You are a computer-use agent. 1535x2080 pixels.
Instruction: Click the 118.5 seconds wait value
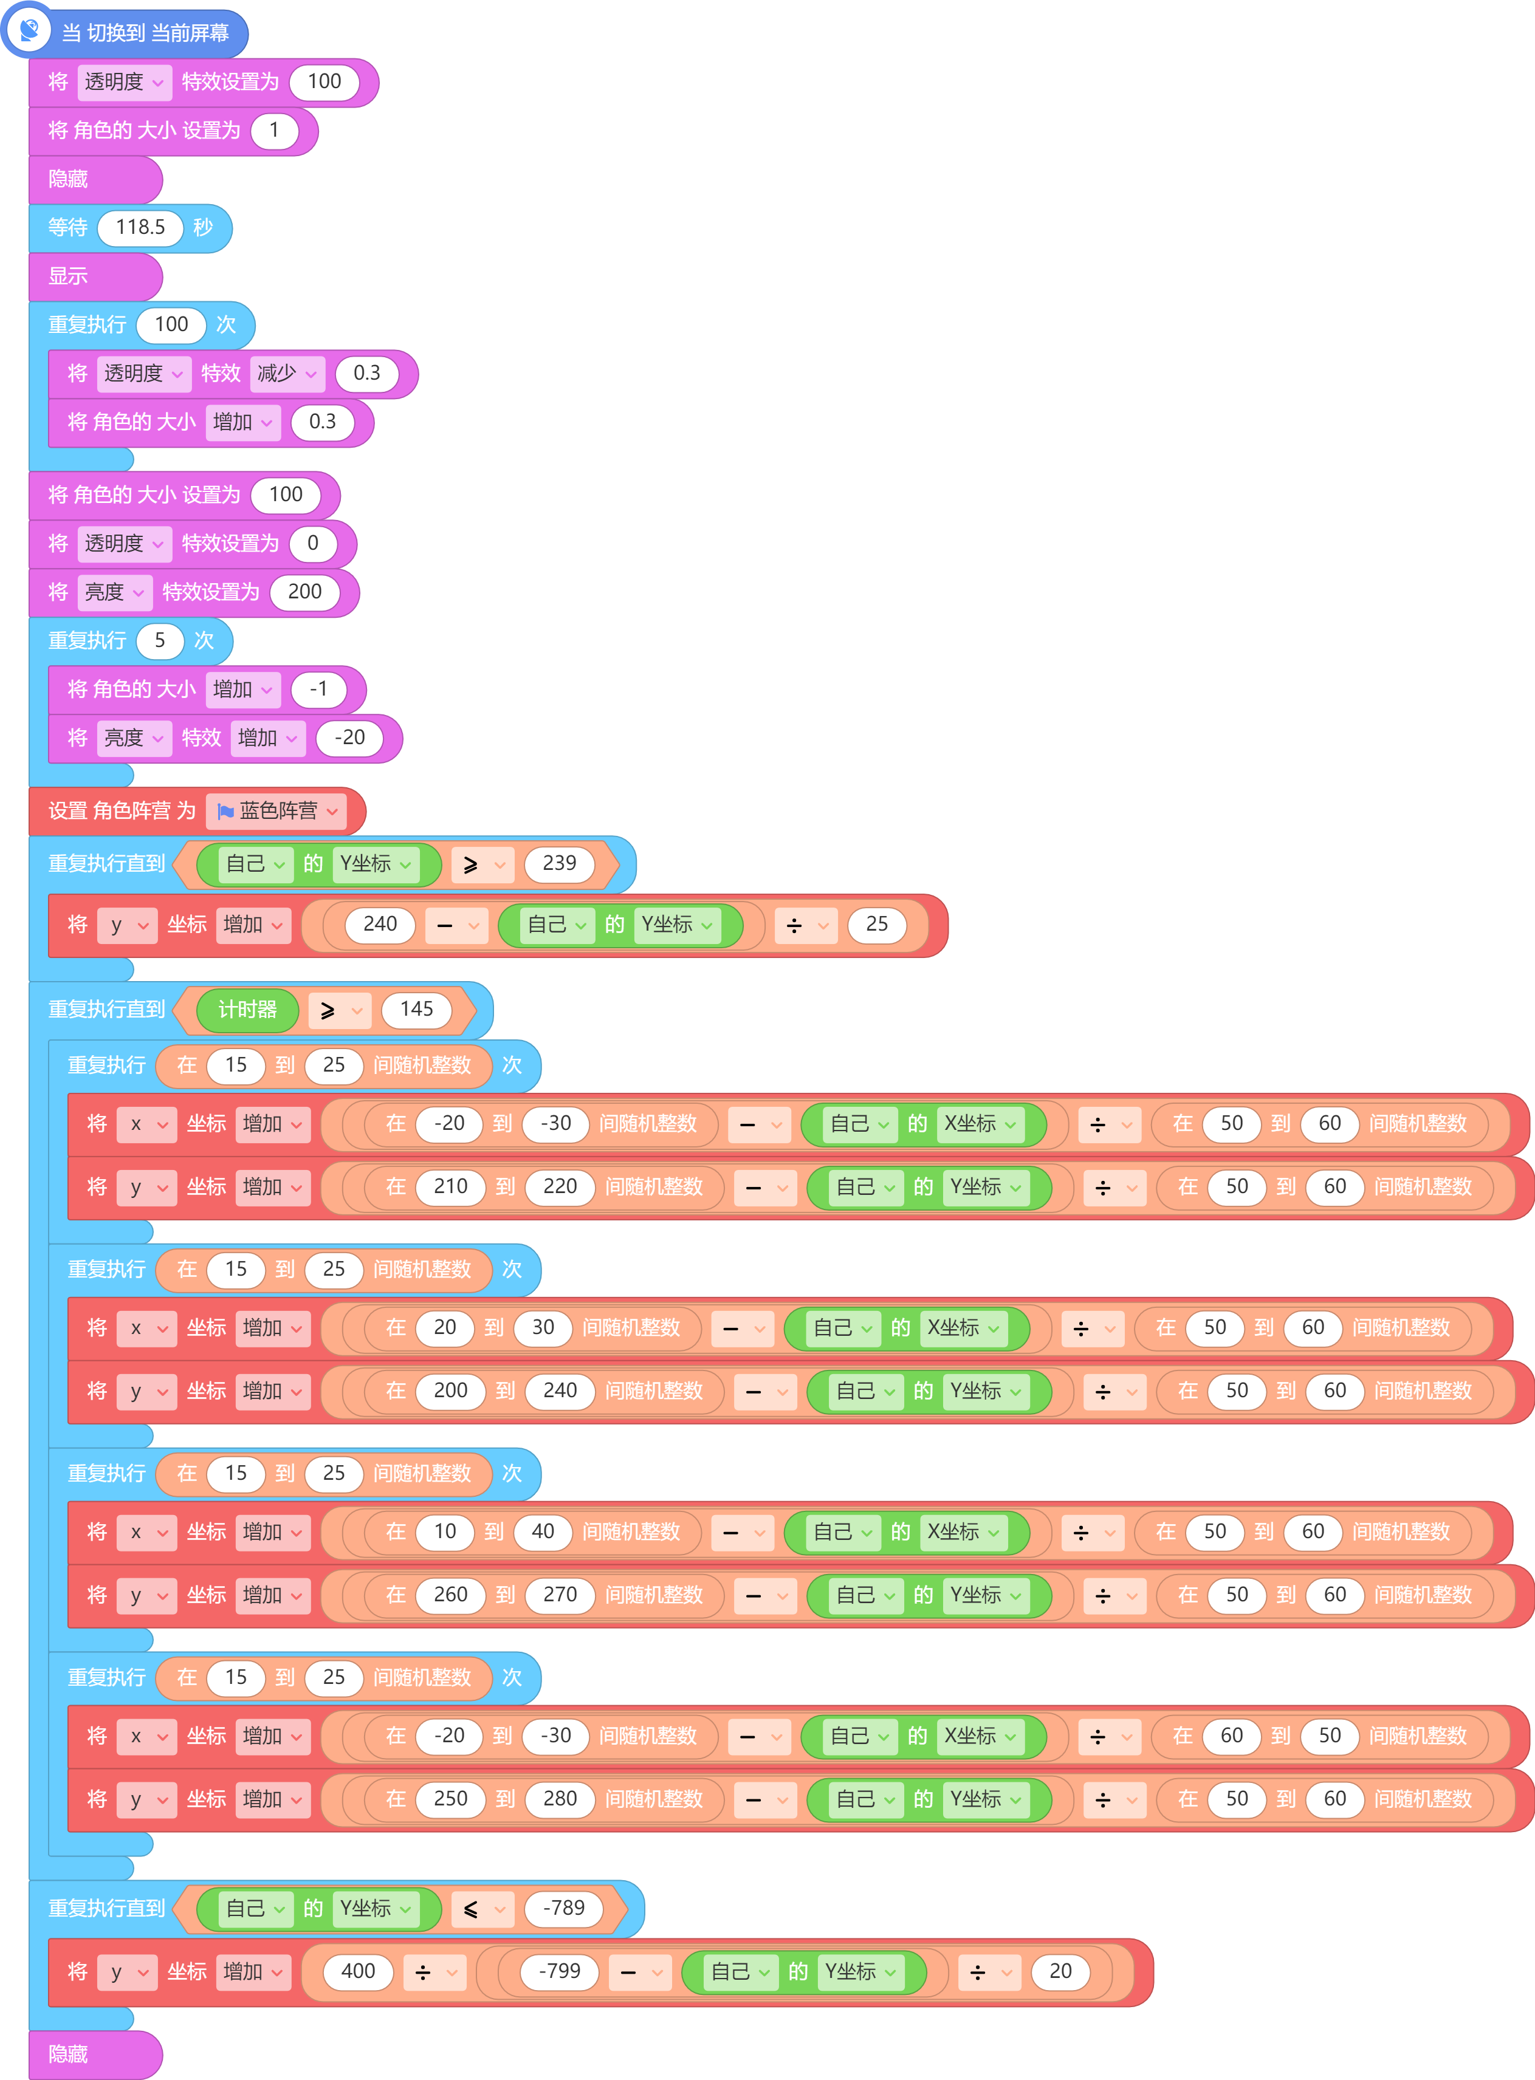(x=140, y=228)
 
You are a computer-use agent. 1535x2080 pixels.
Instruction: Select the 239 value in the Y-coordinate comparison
(x=559, y=864)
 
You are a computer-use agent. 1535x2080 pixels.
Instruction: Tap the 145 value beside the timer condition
(x=416, y=1010)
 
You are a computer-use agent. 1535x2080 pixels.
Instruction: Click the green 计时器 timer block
(x=247, y=1010)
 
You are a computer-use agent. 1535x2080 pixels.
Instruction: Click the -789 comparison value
(x=564, y=1908)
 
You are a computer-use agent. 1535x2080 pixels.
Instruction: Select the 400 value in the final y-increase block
(x=358, y=1971)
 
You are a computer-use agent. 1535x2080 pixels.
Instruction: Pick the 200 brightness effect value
(x=305, y=592)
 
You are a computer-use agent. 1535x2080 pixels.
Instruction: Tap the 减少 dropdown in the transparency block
(x=287, y=374)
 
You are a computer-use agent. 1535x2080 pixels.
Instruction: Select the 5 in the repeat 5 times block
(x=160, y=640)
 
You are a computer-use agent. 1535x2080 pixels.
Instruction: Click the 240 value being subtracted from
(x=380, y=925)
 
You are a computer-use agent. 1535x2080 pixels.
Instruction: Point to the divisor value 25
(x=876, y=925)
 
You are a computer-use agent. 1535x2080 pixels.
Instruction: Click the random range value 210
(x=451, y=1186)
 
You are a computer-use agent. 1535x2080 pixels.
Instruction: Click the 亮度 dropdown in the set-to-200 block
(x=114, y=592)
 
